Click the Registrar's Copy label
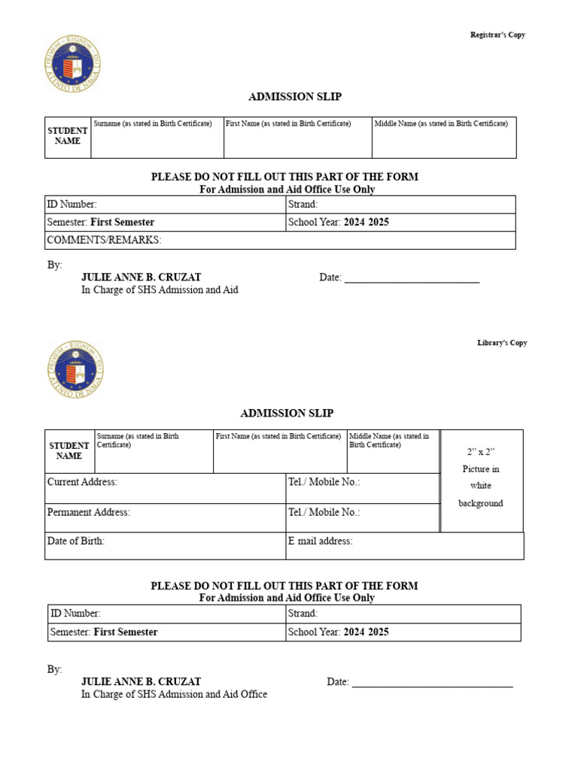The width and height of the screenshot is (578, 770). click(497, 35)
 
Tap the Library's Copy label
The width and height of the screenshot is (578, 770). click(502, 343)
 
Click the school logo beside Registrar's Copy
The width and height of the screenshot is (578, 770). click(73, 63)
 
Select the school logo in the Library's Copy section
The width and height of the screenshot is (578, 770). click(75, 369)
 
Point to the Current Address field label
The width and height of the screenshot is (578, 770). click(82, 482)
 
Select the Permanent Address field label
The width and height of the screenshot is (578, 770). click(88, 512)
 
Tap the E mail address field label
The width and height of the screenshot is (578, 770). click(320, 541)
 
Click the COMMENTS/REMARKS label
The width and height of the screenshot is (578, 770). click(104, 240)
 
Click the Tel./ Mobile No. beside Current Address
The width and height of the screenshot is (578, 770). click(324, 482)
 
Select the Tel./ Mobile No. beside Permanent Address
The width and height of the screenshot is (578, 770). click(324, 512)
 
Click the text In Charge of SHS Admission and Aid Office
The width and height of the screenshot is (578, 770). click(174, 694)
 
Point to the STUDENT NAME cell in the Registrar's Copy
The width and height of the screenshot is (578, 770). click(68, 136)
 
